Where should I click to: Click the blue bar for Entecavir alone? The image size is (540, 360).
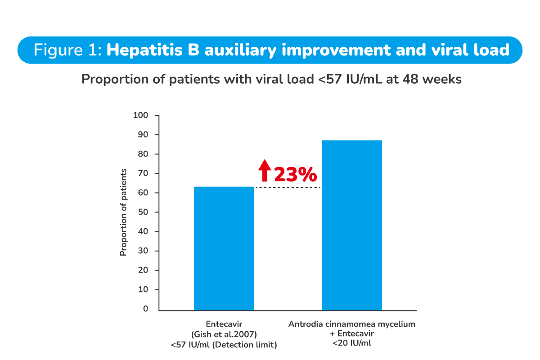click(224, 248)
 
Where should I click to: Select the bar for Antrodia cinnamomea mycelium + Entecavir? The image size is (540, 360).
click(351, 225)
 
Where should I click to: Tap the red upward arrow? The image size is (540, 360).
click(265, 171)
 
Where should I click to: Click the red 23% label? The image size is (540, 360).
click(295, 175)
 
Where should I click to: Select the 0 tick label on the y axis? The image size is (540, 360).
click(145, 309)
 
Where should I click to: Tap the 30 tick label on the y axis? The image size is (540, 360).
click(142, 251)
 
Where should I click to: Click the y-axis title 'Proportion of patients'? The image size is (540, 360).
click(123, 212)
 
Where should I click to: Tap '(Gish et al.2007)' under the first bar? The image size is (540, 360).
click(224, 334)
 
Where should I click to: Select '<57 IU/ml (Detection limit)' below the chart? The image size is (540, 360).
click(224, 345)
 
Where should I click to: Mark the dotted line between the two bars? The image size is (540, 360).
click(288, 188)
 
